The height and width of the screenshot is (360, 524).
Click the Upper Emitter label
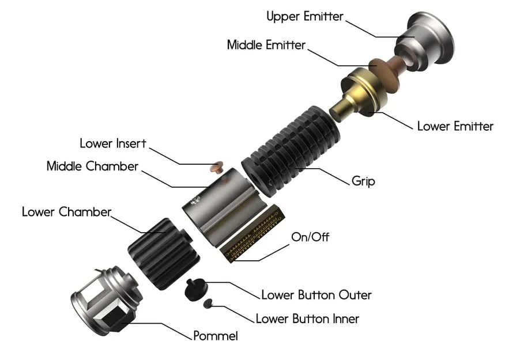(x=304, y=16)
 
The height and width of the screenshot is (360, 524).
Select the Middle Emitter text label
(x=266, y=45)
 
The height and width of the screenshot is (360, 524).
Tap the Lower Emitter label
(x=455, y=126)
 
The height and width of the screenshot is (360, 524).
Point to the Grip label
(x=363, y=181)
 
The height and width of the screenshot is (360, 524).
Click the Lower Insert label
(x=113, y=143)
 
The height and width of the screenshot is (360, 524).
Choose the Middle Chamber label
(x=92, y=166)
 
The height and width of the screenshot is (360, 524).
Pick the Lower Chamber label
(x=66, y=211)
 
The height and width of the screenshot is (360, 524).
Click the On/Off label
(x=311, y=237)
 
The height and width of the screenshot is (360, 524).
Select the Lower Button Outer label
(x=316, y=295)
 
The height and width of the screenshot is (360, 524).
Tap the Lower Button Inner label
(x=307, y=319)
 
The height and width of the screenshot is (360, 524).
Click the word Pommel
(x=215, y=336)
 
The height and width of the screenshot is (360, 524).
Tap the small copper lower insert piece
(x=217, y=167)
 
